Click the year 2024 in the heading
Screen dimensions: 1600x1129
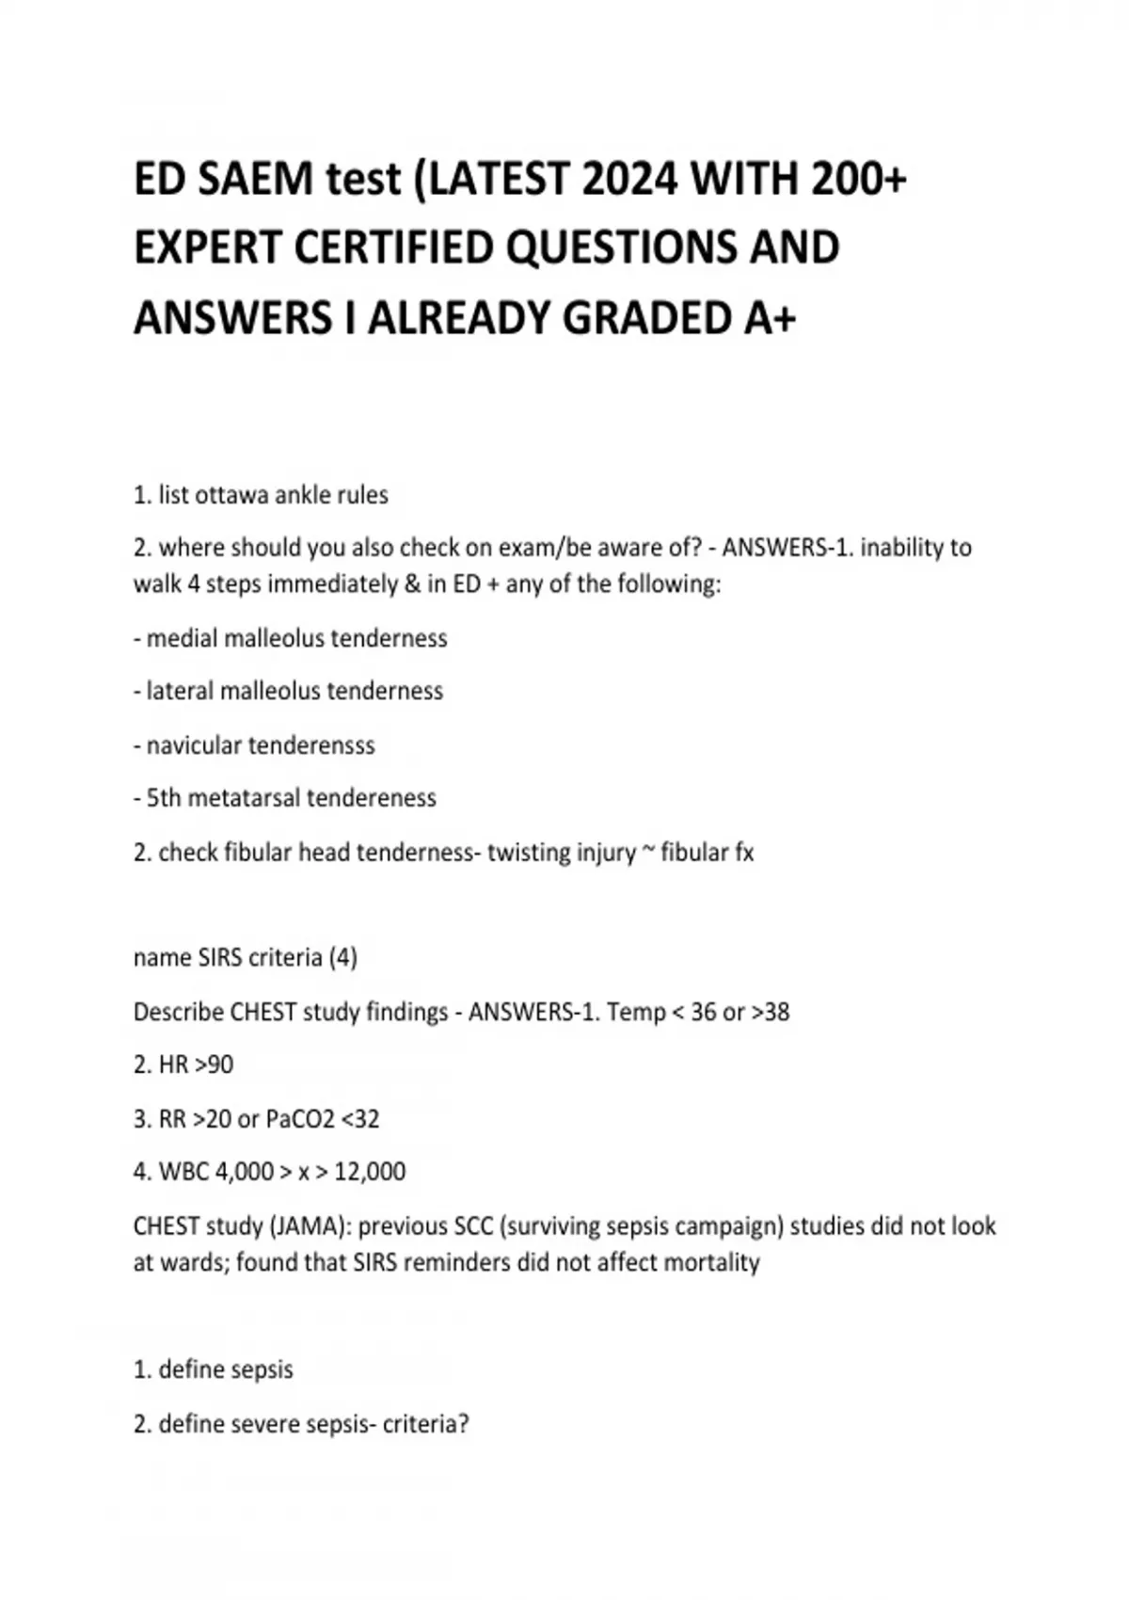628,179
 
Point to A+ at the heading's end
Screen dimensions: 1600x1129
770,318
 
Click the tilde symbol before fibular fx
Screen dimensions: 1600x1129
647,851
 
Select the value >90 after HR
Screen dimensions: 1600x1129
214,1065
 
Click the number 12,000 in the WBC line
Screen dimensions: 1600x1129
370,1172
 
